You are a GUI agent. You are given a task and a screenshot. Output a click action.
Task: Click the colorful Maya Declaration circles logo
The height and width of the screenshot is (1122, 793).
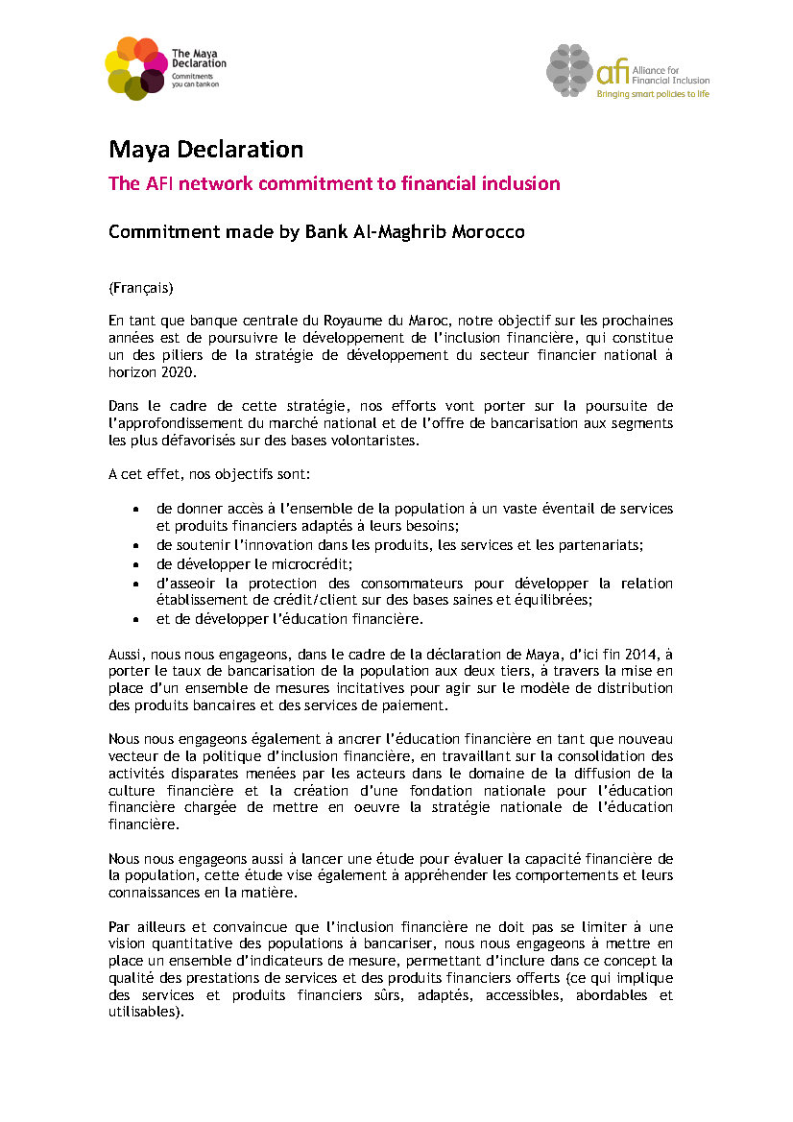pos(135,67)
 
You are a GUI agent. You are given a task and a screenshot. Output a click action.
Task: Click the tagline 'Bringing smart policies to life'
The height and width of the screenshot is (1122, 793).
pos(653,94)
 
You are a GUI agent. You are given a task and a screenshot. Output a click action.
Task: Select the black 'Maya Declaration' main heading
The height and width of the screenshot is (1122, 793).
pos(205,150)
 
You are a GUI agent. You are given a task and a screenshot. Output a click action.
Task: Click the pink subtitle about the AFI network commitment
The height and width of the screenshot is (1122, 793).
pos(334,184)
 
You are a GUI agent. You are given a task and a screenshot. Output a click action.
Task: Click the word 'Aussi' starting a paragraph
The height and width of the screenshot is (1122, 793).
pos(125,655)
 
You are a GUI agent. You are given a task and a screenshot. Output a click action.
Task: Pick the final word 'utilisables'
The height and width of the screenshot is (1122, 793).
pos(145,1012)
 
